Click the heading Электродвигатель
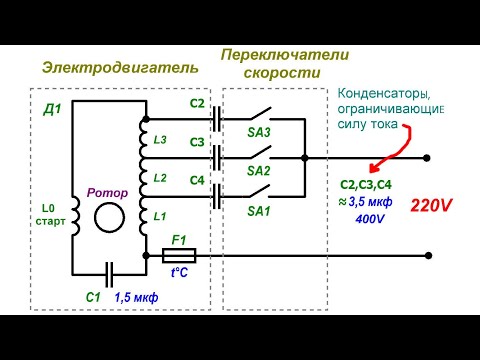120,67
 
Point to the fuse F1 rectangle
181,255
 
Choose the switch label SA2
260,170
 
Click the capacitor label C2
196,103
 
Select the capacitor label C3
196,142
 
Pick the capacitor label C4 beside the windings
196,180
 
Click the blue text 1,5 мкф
138,297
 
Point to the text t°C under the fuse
181,273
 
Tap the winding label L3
158,138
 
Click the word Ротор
106,189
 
